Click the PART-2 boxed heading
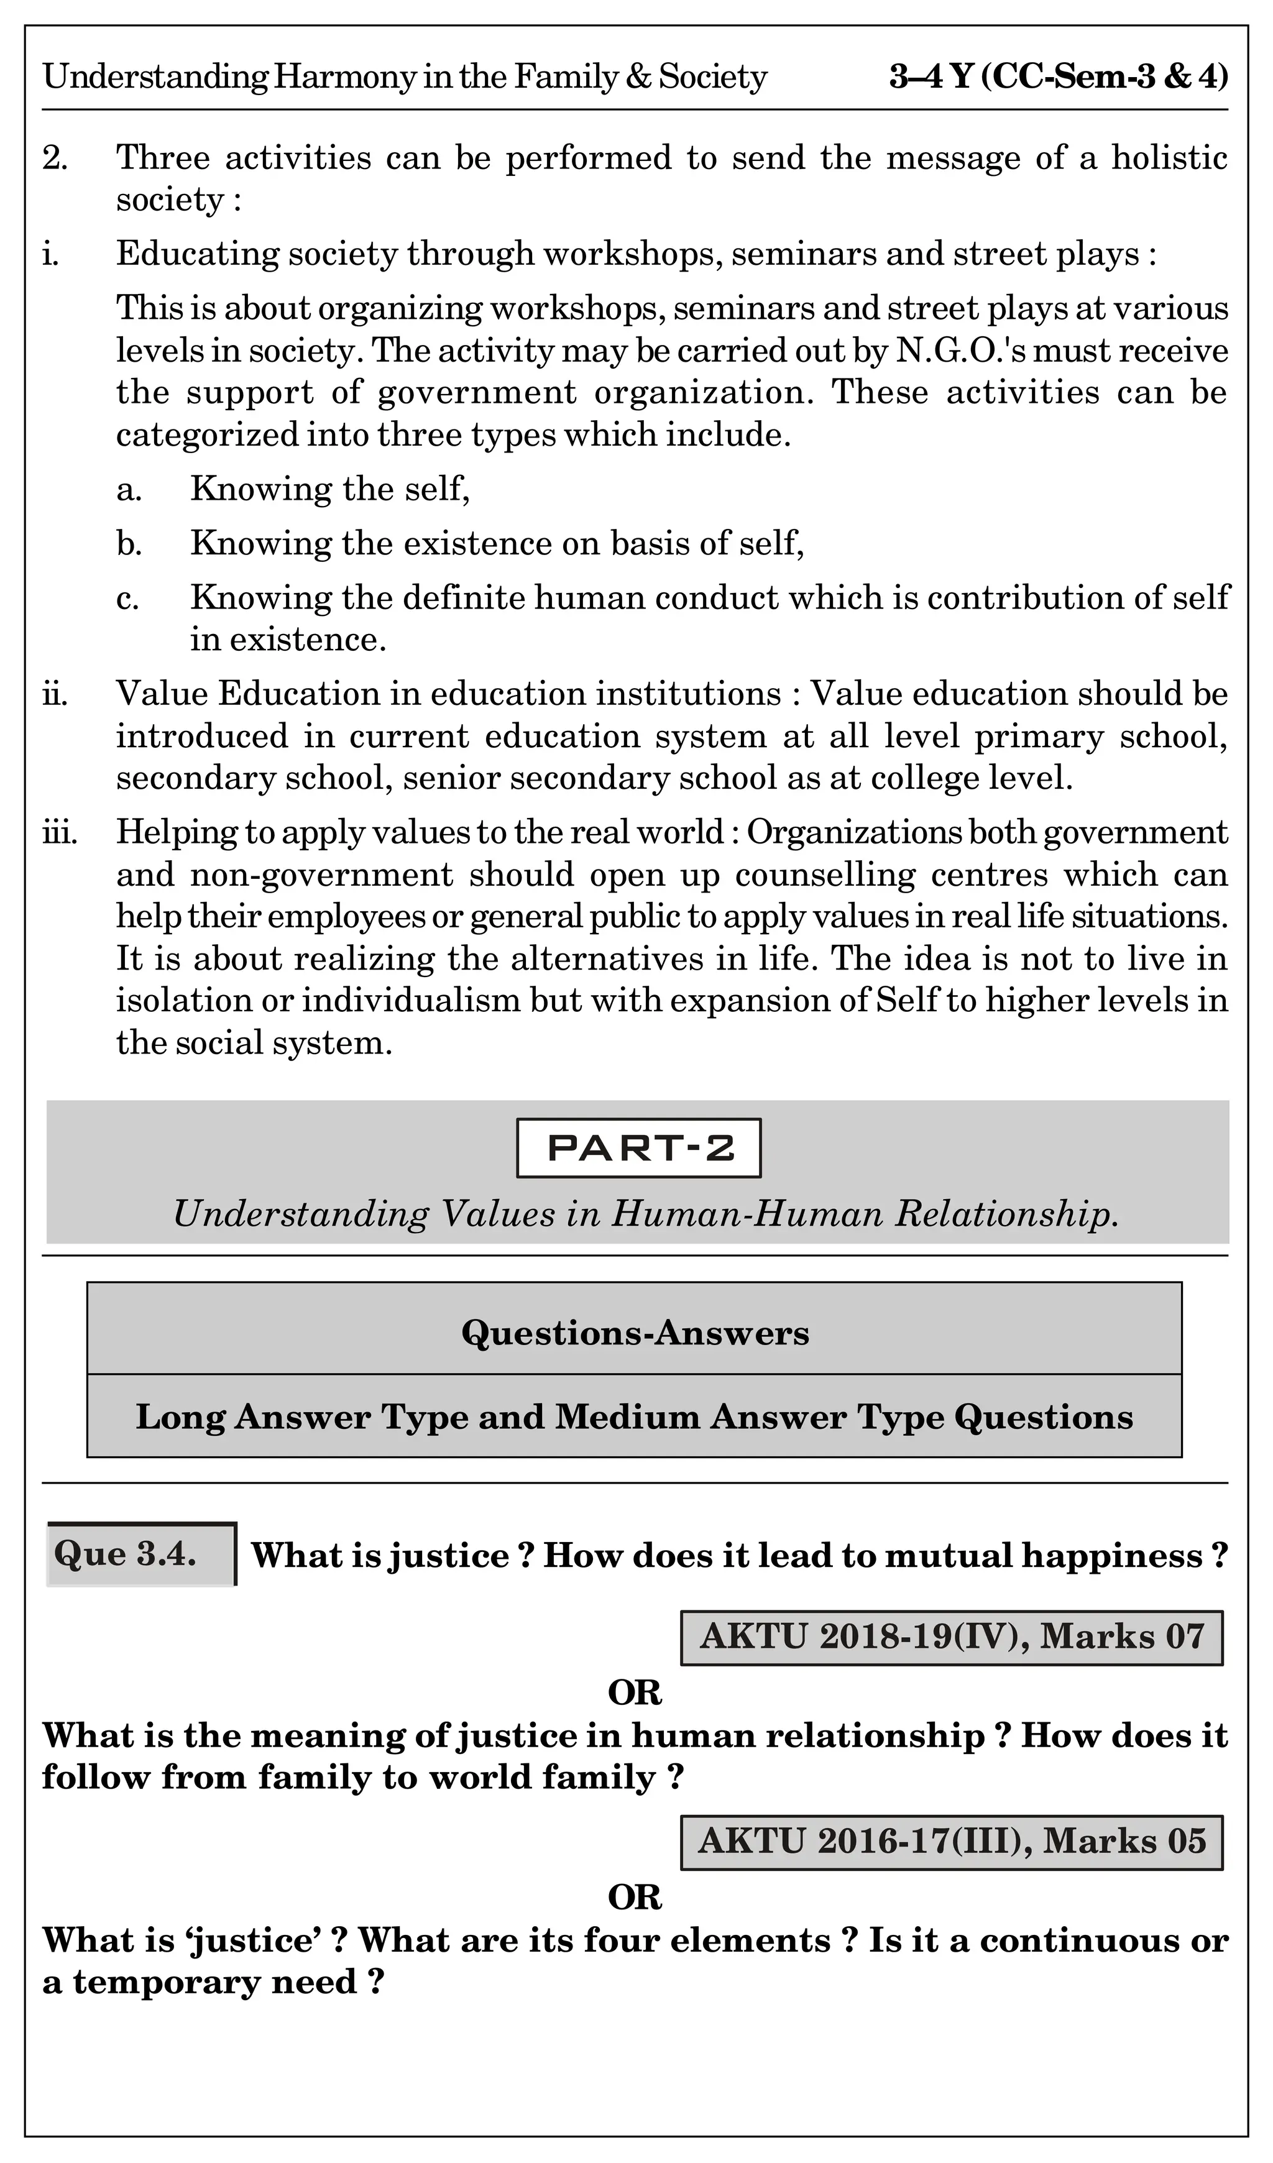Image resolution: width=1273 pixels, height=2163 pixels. pos(638,1147)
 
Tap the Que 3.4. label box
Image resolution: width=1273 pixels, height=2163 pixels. pos(140,1554)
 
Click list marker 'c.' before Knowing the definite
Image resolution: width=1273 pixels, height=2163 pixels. pos(128,599)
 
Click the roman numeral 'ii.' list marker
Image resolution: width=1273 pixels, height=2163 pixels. pos(56,694)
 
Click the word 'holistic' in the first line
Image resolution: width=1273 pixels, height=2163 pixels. pos(1169,158)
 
